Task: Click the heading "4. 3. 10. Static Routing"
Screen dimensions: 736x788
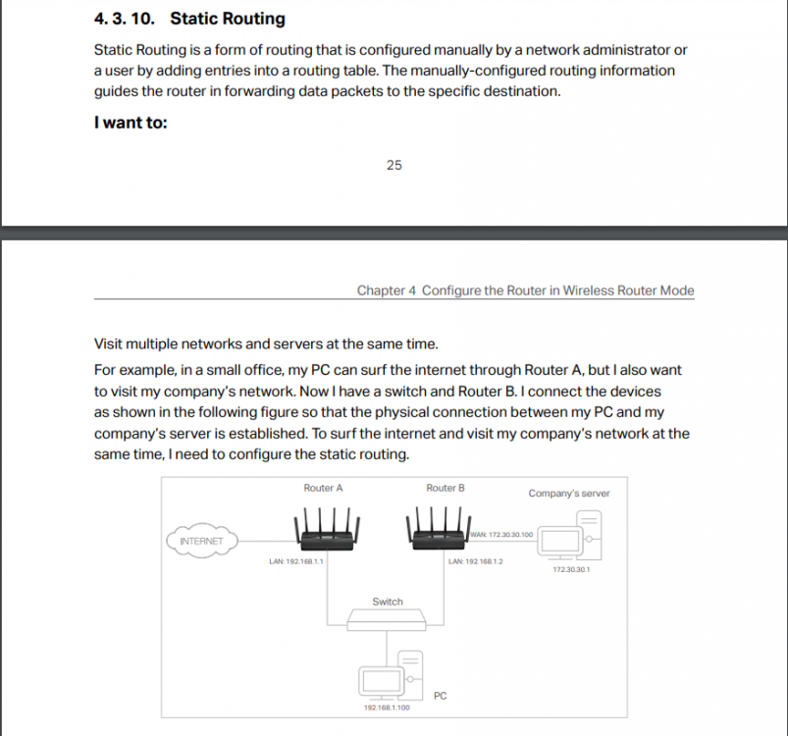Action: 189,18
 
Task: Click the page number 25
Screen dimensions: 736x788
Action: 394,165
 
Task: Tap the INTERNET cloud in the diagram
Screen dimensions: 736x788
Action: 201,541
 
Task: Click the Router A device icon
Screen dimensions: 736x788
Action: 323,530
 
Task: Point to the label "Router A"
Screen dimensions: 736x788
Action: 323,488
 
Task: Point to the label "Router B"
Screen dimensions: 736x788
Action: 446,488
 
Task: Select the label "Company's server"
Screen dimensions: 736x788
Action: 568,494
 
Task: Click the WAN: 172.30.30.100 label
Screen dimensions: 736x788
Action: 501,535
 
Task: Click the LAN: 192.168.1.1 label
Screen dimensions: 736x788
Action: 296,561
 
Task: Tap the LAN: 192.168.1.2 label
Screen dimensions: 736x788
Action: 475,561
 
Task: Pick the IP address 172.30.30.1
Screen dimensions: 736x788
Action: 571,569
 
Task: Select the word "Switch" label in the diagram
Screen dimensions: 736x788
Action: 387,602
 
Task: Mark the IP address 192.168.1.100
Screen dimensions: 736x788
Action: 387,707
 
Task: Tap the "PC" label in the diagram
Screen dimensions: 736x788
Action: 440,696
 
